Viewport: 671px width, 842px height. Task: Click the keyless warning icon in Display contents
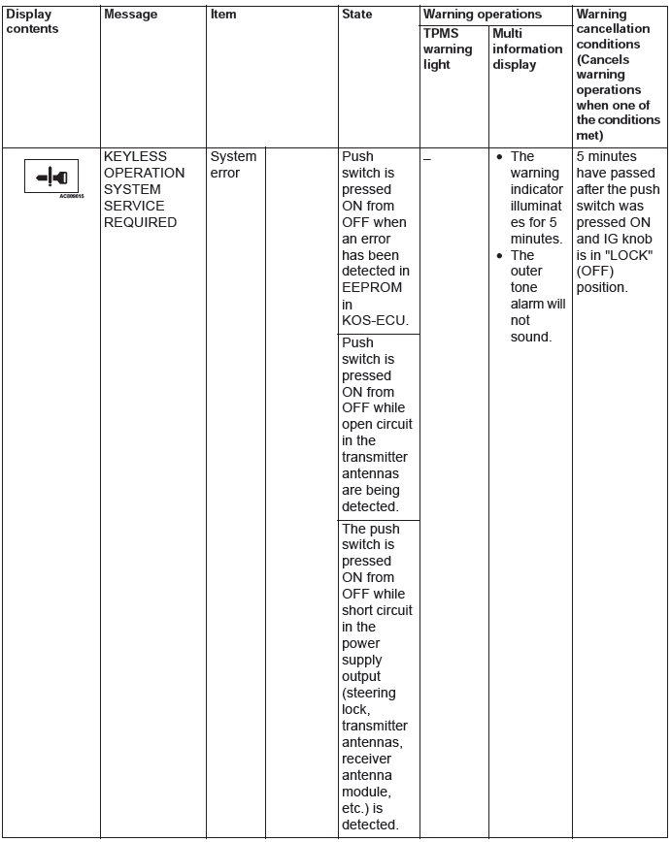(50, 178)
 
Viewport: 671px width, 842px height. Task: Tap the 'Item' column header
(223, 15)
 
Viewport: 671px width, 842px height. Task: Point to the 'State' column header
(357, 15)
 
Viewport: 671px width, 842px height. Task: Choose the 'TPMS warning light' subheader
(448, 49)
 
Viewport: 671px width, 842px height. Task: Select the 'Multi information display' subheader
(527, 49)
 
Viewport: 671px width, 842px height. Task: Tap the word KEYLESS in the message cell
(135, 156)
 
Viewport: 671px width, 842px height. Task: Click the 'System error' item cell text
(233, 165)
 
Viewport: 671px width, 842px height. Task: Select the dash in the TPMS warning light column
(427, 156)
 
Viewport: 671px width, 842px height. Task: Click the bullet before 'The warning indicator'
(498, 157)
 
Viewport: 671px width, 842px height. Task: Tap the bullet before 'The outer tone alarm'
(498, 256)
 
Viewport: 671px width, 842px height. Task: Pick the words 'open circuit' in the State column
(377, 424)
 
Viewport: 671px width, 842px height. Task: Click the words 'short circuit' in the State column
(377, 610)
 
